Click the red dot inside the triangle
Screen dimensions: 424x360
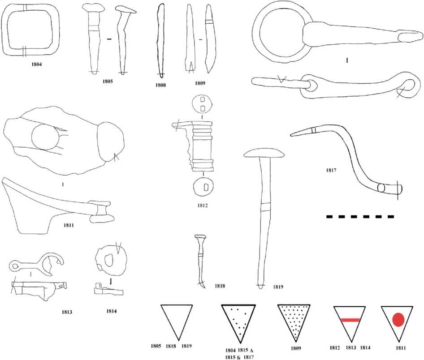(399, 320)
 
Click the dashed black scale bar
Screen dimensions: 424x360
(360, 217)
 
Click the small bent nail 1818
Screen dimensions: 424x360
(200, 260)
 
